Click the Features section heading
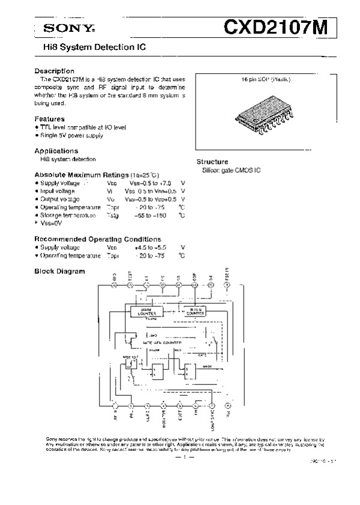pos(49,119)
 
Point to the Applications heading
pos(56,151)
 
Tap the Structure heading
pos(212,162)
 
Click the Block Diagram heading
pos(59,271)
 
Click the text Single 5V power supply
pos(71,136)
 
